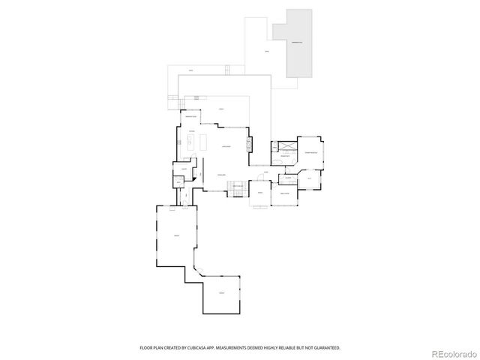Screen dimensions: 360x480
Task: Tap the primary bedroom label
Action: point(310,152)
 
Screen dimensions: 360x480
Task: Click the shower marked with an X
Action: point(285,146)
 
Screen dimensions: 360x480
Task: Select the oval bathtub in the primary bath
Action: point(277,161)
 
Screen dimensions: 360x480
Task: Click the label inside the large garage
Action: point(176,237)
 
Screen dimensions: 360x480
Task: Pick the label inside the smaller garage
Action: point(221,292)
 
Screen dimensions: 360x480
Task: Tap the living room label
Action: point(225,147)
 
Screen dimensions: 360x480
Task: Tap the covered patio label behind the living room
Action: point(221,110)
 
